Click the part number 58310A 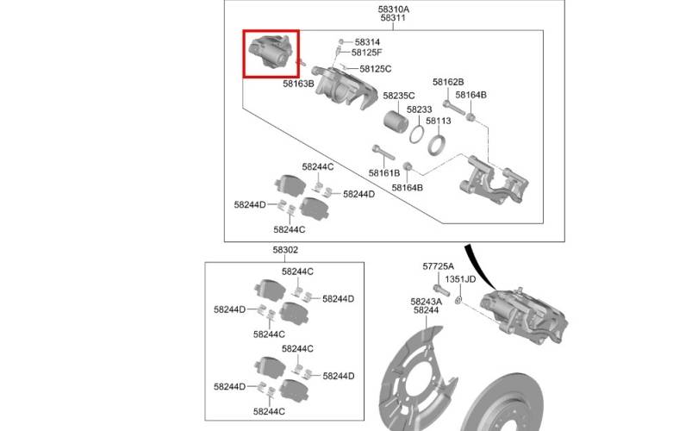click(394, 9)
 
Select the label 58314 click(367, 42)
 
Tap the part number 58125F click(367, 53)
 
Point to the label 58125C click(375, 69)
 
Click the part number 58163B click(298, 84)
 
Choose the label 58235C click(399, 96)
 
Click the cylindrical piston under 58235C click(396, 121)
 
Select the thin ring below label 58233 click(417, 134)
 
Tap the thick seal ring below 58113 click(436, 145)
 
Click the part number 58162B click(448, 83)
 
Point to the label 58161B click(384, 172)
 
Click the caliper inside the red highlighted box click(270, 52)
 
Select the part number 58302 click(285, 250)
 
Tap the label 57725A click(438, 266)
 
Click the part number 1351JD click(460, 279)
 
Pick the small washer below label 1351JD click(458, 301)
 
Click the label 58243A click(426, 302)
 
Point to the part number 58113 click(438, 121)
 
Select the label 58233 click(420, 109)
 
